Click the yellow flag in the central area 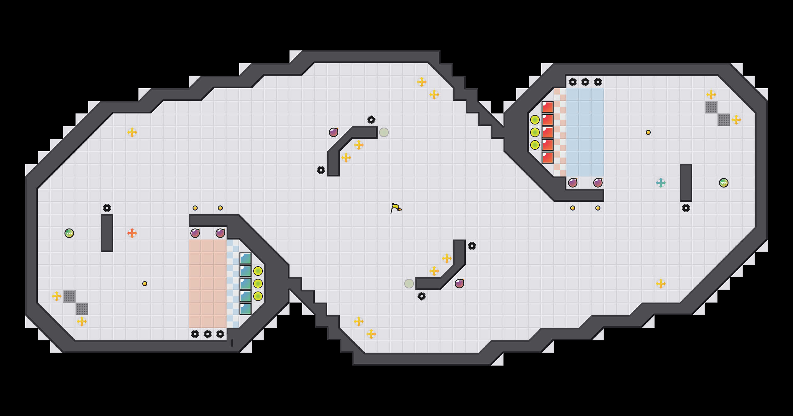pos(396,208)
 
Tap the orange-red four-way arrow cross pos(132,233)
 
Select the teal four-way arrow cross pos(661,183)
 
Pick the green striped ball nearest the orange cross pos(69,233)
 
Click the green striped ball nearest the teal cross pos(724,183)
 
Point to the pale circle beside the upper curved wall pos(384,132)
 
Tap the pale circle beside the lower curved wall pos(409,284)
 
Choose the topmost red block pos(548,107)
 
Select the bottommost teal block pos(245,309)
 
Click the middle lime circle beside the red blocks pos(535,132)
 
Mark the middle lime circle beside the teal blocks pos(258,284)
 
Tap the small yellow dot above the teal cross pos(648,132)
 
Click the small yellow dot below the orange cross pos(145,284)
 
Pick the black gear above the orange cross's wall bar pos(107,208)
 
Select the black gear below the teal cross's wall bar pos(686,208)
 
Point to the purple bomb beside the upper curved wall pos(334,132)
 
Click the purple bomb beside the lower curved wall pos(459,284)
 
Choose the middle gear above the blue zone pos(585,82)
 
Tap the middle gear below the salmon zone pos(208,334)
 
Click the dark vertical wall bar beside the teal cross pos(686,183)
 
